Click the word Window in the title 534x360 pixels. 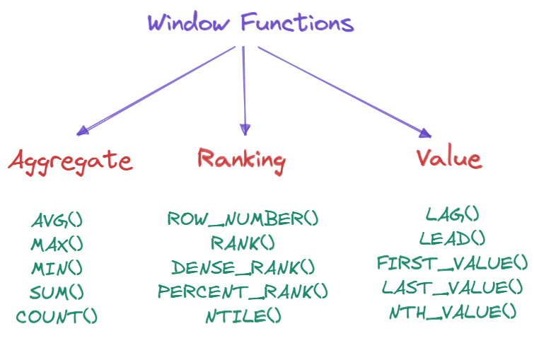[x=188, y=23]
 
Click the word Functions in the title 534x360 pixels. [x=297, y=23]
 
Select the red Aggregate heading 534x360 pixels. [x=70, y=161]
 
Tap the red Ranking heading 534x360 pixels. [x=241, y=159]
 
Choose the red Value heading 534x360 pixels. [x=449, y=158]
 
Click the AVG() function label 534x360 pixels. [x=57, y=220]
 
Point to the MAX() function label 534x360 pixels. [x=57, y=244]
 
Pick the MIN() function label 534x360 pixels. [x=57, y=268]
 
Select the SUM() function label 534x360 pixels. [x=57, y=292]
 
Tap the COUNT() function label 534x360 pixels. [x=57, y=316]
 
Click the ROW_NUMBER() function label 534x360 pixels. [x=243, y=219]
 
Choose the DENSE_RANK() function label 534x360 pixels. [x=243, y=267]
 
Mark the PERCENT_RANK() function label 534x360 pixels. [x=243, y=291]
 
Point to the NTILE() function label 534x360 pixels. [x=243, y=315]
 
